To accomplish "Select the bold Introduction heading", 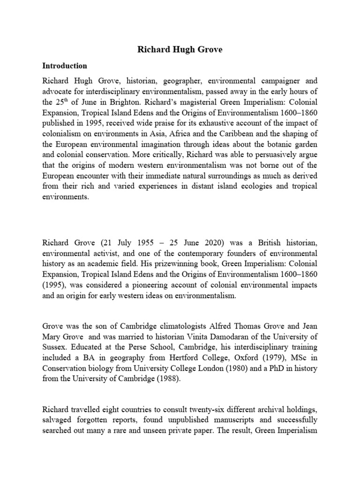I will click(65, 66).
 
